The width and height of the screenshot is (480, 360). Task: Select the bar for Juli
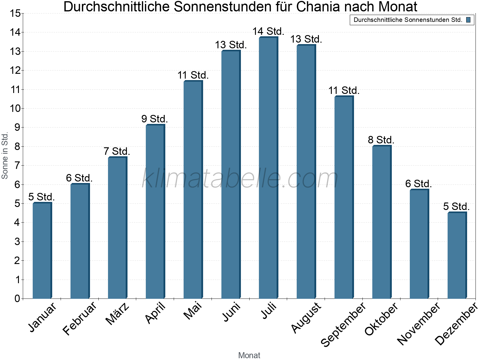point(268,168)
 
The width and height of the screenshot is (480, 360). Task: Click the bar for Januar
point(42,250)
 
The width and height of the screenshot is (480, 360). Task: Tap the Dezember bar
point(457,255)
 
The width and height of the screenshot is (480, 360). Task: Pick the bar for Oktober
point(382,222)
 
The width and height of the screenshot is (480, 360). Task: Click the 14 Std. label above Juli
point(268,31)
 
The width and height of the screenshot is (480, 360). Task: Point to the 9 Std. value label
point(154,119)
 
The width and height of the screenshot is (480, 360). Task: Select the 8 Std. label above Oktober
point(381,140)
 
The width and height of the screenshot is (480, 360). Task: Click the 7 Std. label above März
point(117,151)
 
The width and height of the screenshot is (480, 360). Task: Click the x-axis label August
point(306,317)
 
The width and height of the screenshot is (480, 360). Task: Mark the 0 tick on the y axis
point(17,298)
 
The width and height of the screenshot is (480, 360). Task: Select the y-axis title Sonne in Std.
point(5,156)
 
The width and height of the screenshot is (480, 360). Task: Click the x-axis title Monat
point(249,355)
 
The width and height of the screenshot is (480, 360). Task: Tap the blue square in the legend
point(468,20)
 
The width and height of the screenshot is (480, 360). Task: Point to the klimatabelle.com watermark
point(240,178)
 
